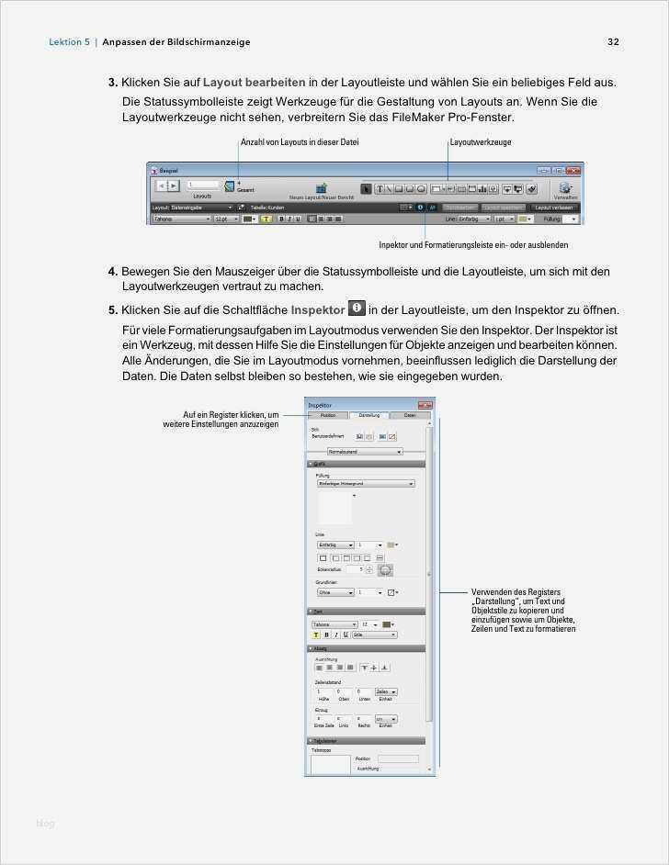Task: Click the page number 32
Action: click(613, 41)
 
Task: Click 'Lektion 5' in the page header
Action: click(69, 41)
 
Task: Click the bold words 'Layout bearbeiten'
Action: click(255, 82)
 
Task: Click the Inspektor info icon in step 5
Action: click(357, 309)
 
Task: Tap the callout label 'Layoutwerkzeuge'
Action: click(481, 142)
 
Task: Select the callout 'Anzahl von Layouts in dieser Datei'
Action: click(300, 142)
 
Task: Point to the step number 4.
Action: click(112, 272)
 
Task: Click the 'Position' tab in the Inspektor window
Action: click(328, 415)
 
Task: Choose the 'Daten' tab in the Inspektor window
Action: click(410, 415)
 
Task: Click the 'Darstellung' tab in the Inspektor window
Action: click(369, 415)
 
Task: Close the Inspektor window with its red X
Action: click(424, 404)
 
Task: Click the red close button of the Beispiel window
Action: click(574, 170)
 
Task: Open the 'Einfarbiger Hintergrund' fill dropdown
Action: click(365, 483)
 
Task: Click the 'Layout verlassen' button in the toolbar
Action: click(554, 208)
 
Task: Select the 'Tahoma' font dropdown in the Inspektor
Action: click(334, 624)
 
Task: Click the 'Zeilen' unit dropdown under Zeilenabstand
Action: click(387, 691)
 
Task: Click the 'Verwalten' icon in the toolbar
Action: click(565, 188)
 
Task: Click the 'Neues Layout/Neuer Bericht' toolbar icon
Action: click(322, 189)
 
